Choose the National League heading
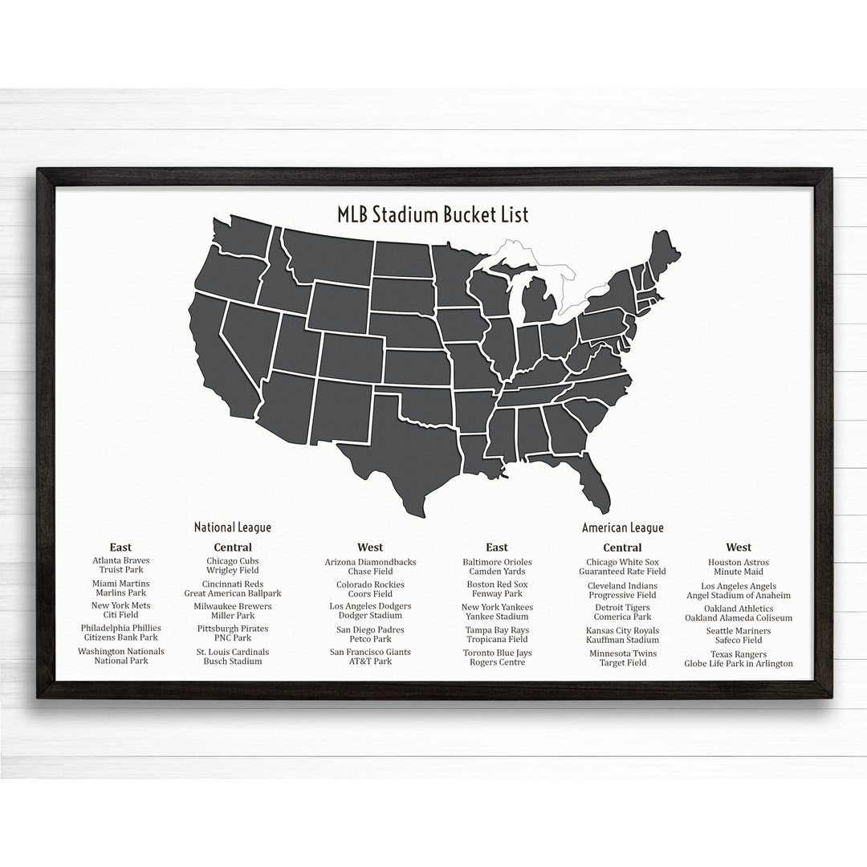(x=232, y=527)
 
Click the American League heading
(x=622, y=527)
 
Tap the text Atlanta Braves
(x=121, y=560)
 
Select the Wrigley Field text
(x=233, y=571)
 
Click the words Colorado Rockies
(x=370, y=584)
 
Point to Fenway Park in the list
(x=497, y=594)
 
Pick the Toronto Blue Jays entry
(x=497, y=653)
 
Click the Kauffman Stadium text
(x=622, y=640)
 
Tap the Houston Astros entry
(x=738, y=563)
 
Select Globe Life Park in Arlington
(x=738, y=664)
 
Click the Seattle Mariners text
(x=738, y=631)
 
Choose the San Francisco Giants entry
(x=370, y=652)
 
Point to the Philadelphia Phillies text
(x=121, y=628)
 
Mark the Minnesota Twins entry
(x=622, y=653)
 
